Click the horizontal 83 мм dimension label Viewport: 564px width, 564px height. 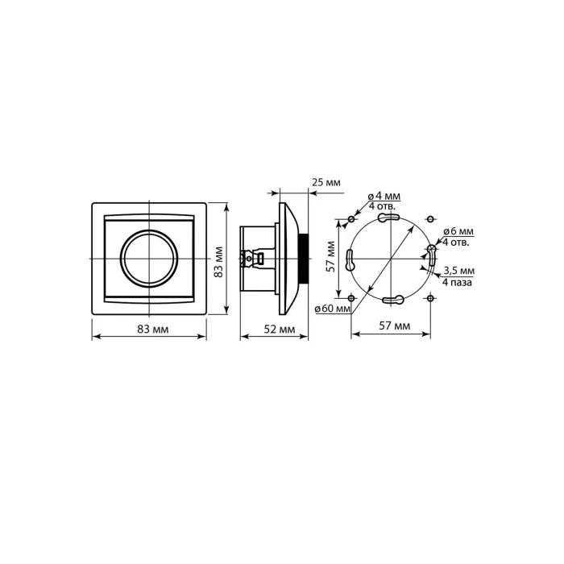[x=152, y=329]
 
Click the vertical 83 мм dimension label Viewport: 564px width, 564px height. [x=218, y=262]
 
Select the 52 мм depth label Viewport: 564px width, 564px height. [x=280, y=329]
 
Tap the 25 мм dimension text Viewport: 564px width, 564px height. [x=326, y=182]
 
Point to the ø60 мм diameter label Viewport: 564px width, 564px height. [x=332, y=309]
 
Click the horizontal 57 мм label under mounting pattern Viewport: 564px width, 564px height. [x=395, y=326]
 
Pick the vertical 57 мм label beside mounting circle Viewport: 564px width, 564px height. [x=331, y=256]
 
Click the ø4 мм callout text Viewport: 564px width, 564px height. [x=384, y=196]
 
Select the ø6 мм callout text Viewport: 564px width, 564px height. [x=458, y=231]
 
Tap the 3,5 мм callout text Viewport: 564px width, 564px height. [x=459, y=270]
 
